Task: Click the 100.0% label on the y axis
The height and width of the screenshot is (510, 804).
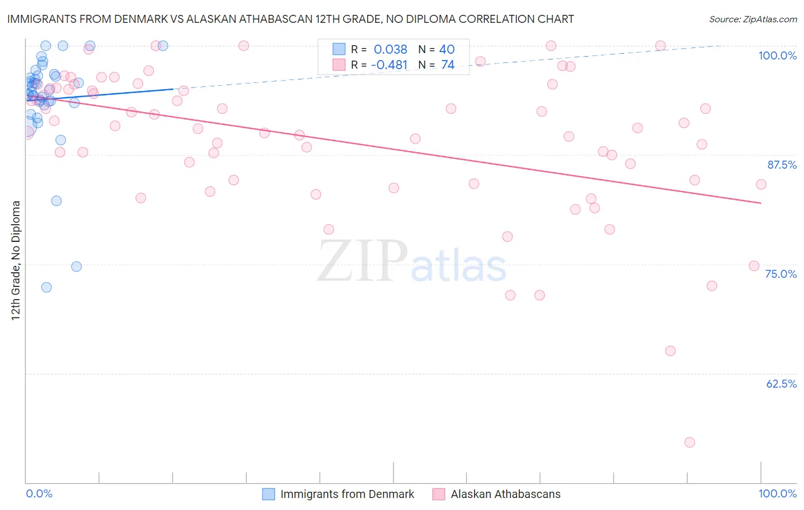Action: [x=777, y=55]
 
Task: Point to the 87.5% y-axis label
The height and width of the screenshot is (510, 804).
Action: [x=782, y=165]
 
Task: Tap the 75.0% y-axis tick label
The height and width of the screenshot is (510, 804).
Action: [x=781, y=274]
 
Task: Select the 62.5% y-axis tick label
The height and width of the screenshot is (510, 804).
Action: [x=781, y=384]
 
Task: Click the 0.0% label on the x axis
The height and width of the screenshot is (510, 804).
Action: [x=39, y=493]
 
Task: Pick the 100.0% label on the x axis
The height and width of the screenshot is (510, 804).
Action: [x=777, y=493]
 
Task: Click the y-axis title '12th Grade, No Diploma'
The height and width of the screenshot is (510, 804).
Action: [x=16, y=260]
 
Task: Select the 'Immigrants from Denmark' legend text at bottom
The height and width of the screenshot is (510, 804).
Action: [x=347, y=494]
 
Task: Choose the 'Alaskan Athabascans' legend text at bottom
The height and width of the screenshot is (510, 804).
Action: [x=506, y=494]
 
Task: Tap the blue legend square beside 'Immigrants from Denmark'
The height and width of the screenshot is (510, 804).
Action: [x=269, y=494]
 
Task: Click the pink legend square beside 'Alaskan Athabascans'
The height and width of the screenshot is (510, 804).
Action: [x=439, y=494]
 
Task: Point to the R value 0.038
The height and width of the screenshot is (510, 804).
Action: [x=390, y=49]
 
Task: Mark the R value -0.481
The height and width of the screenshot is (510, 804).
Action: [x=389, y=65]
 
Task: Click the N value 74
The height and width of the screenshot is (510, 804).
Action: [x=448, y=65]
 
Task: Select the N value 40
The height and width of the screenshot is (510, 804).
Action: [x=447, y=49]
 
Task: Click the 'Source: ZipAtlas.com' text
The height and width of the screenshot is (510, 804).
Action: [x=753, y=19]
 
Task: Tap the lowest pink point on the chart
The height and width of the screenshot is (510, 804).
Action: [x=690, y=443]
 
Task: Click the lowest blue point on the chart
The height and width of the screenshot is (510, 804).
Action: [x=46, y=287]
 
